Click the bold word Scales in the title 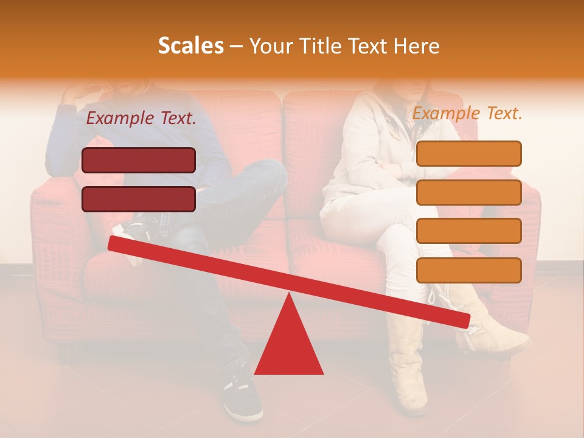tap(190, 46)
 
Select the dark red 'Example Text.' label tap(141, 119)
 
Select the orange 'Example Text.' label tap(467, 113)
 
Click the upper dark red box tap(139, 161)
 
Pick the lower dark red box tap(139, 200)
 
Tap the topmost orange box tap(469, 153)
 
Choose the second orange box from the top tap(469, 192)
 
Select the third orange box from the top tap(469, 231)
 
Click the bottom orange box tap(469, 270)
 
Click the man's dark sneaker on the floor tap(242, 398)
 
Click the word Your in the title tap(269, 46)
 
